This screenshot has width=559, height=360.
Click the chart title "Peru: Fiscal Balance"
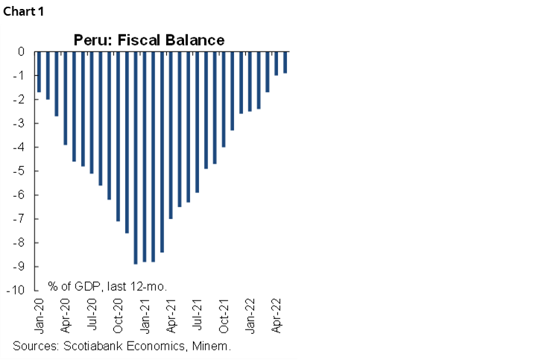point(148,39)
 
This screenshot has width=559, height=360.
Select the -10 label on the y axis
point(19,291)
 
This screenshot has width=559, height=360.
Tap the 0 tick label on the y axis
point(22,52)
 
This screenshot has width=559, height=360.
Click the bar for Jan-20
point(39,72)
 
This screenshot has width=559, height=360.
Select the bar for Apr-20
point(65,98)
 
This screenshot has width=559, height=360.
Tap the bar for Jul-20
point(92,113)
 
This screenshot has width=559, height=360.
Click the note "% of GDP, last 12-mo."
point(107,285)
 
